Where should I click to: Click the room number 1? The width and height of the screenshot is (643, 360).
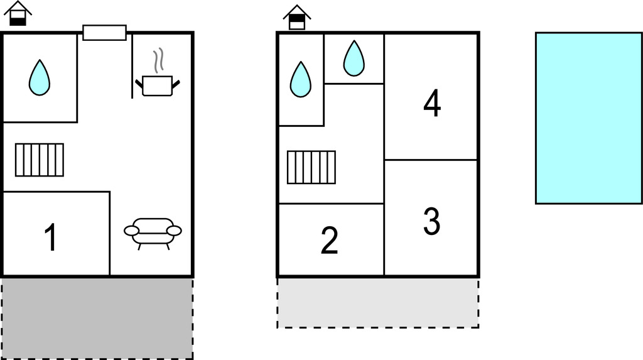[x=51, y=238]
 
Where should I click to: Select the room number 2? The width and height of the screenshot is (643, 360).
[x=330, y=241]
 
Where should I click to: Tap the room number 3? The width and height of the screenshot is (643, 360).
[x=431, y=221]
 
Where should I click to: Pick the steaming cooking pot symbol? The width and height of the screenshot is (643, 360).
[x=157, y=84]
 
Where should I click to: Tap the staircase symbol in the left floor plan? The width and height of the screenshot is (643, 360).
[x=40, y=160]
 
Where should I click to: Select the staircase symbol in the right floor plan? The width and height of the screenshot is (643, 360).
[x=311, y=167]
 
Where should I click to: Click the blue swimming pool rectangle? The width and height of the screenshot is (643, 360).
[x=588, y=118]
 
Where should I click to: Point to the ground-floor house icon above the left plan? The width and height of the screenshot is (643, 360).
[x=18, y=14]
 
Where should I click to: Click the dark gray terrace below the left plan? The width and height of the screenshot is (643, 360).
[x=97, y=318]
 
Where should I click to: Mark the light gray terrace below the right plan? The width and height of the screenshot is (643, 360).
[x=377, y=302]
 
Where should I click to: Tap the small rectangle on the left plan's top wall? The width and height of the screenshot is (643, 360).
[x=104, y=33]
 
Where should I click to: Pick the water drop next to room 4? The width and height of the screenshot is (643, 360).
[x=354, y=58]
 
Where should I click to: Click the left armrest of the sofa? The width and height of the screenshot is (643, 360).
[x=132, y=231]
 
